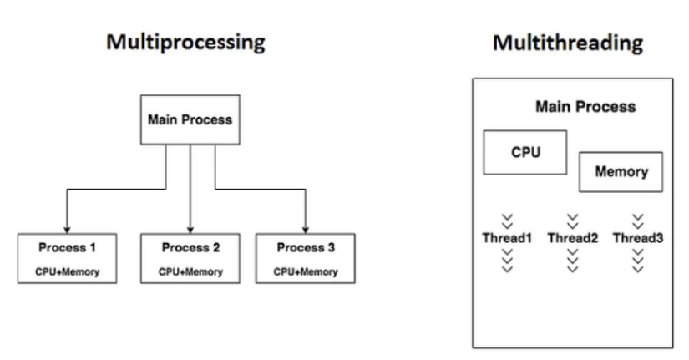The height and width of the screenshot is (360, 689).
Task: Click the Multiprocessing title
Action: click(x=186, y=43)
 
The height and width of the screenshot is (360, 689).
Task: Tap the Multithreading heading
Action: click(x=568, y=43)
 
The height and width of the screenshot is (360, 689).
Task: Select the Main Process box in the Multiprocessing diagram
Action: click(x=190, y=119)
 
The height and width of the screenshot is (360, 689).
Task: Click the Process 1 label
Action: click(x=68, y=247)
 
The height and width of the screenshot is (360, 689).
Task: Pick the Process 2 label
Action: click(x=190, y=247)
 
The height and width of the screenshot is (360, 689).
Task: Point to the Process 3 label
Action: click(x=306, y=247)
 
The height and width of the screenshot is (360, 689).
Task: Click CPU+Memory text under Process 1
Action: click(x=68, y=271)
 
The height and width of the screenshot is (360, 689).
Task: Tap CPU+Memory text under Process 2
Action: click(x=190, y=271)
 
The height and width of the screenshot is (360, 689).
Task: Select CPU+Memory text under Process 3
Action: click(x=306, y=271)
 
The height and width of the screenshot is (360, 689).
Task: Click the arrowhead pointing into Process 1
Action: click(x=67, y=230)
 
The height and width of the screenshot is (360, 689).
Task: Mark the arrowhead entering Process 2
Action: click(x=190, y=230)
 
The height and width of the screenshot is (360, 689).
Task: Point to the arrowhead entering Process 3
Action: click(x=306, y=230)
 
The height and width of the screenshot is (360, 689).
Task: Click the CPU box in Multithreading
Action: click(x=525, y=153)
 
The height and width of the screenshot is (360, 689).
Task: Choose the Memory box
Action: click(x=621, y=172)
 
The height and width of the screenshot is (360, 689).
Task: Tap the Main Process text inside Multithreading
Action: click(x=585, y=107)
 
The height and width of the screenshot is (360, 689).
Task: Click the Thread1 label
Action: click(x=507, y=238)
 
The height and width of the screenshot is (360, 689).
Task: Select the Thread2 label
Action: click(x=573, y=238)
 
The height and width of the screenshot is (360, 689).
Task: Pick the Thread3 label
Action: click(x=638, y=238)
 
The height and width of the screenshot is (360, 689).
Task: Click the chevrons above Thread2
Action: click(x=573, y=221)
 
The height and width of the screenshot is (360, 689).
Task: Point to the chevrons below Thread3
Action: click(x=638, y=261)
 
